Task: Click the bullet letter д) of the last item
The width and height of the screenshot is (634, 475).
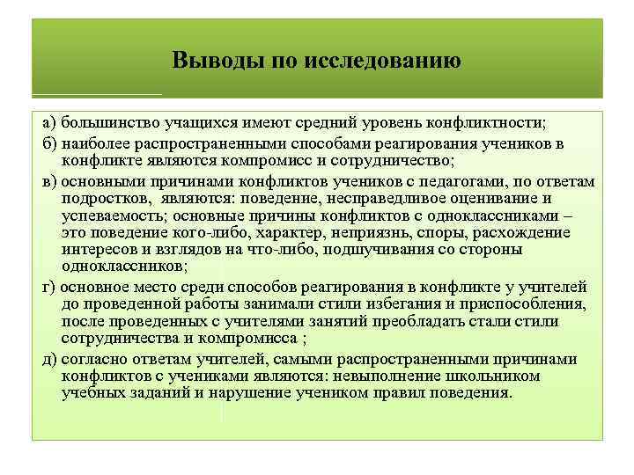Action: click(49, 360)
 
